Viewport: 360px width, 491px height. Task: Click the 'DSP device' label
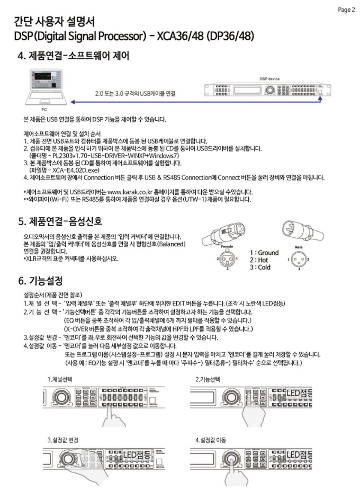269,78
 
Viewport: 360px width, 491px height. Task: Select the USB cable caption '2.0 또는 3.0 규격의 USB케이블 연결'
135,93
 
